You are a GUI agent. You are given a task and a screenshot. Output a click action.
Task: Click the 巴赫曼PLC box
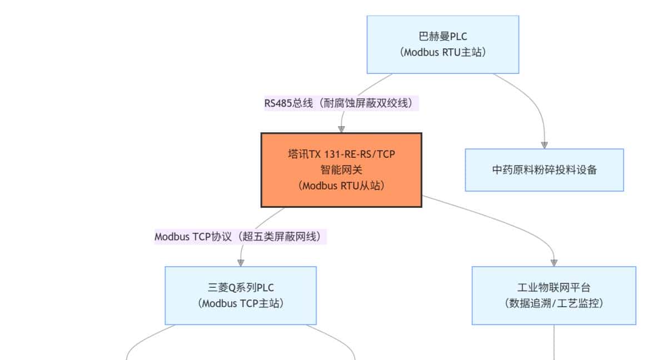click(x=442, y=44)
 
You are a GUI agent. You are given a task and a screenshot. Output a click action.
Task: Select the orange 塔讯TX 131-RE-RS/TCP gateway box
click(x=341, y=170)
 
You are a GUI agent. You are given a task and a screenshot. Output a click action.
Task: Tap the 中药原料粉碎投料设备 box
click(x=544, y=170)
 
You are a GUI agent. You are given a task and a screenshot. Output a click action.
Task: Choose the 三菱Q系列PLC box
click(x=240, y=296)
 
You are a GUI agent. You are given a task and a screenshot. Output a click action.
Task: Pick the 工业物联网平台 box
click(x=554, y=296)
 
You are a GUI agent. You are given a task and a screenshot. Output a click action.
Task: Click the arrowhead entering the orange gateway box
click(x=341, y=129)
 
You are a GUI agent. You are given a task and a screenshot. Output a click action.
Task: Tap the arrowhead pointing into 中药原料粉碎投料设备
click(x=544, y=144)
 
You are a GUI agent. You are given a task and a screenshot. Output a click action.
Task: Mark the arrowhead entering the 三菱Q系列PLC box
click(x=241, y=262)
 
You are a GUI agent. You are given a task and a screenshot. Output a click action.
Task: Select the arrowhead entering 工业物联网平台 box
click(x=554, y=262)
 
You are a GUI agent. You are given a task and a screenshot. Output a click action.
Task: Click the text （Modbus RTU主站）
click(x=442, y=53)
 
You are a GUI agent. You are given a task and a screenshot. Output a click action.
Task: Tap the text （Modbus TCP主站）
click(x=240, y=304)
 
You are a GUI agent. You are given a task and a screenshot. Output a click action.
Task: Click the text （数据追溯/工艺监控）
click(x=554, y=304)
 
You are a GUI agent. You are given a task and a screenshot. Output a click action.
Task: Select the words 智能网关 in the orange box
click(x=341, y=170)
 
